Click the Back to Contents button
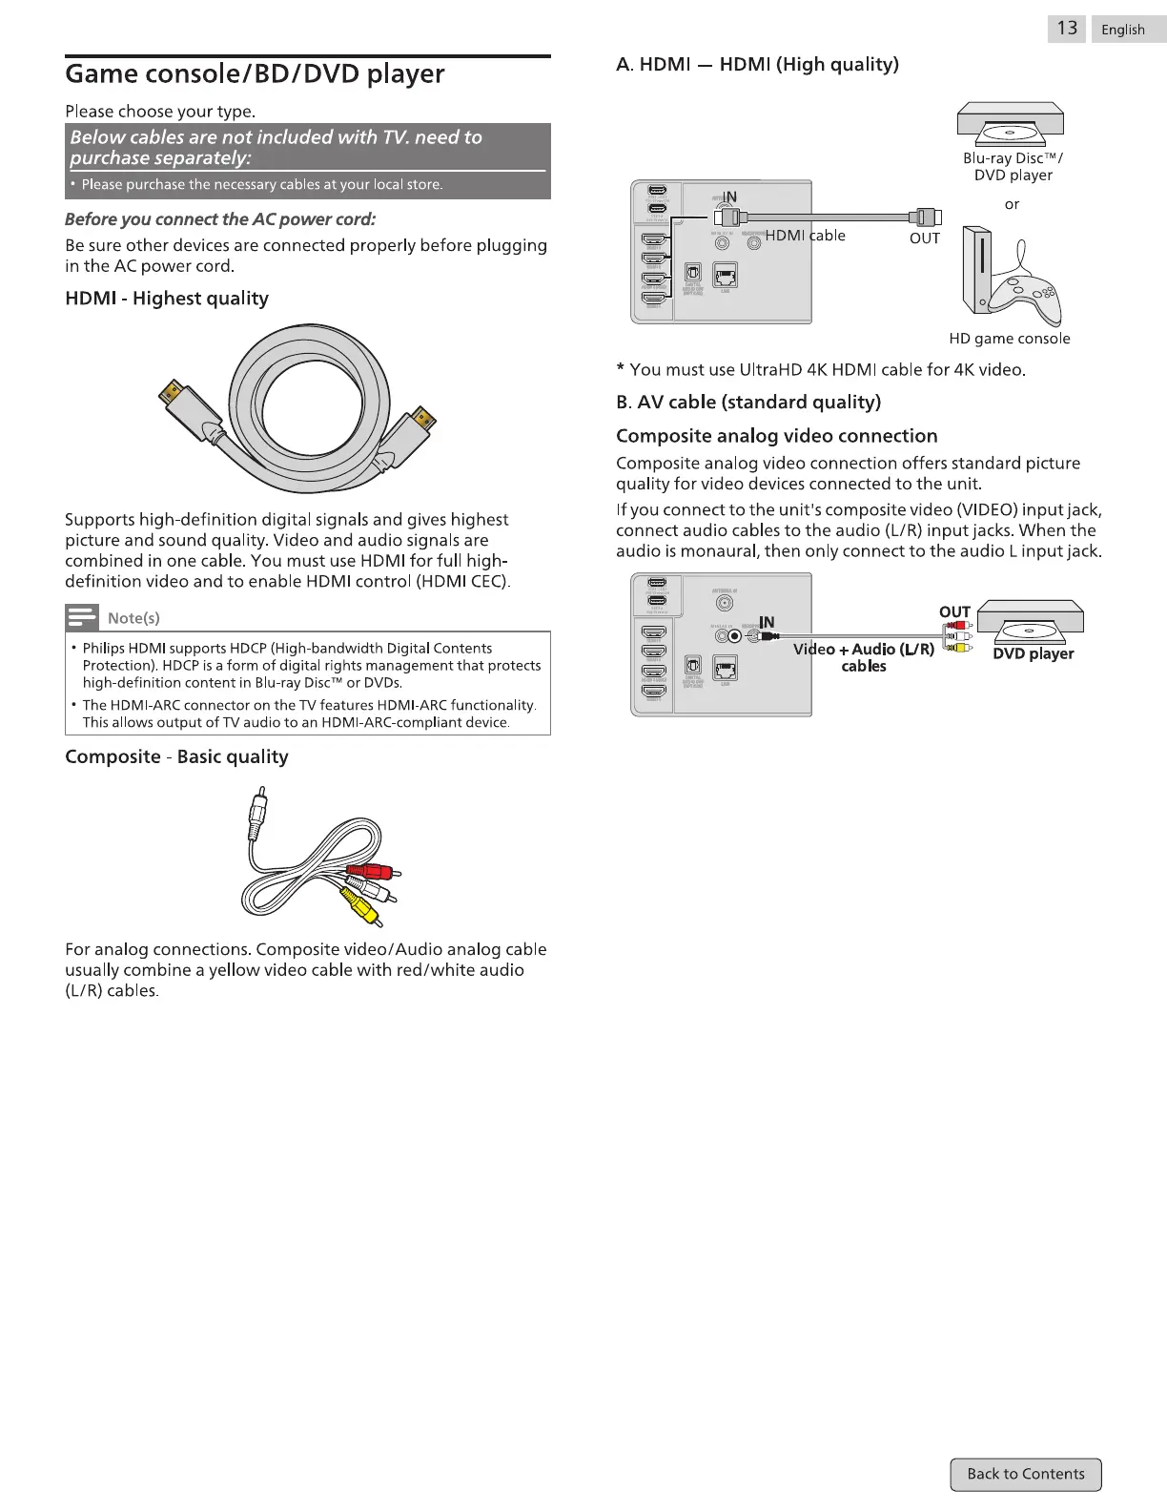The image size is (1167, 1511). pyautogui.click(x=1025, y=1474)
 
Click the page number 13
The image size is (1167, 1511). pyautogui.click(x=1067, y=29)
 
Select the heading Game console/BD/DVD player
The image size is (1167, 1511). pyautogui.click(x=255, y=73)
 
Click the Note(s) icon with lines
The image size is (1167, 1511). pyautogui.click(x=82, y=617)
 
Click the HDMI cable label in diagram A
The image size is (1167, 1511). pyautogui.click(x=806, y=236)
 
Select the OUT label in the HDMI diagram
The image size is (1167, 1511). pyautogui.click(x=924, y=238)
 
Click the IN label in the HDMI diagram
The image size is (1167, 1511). pyautogui.click(x=729, y=197)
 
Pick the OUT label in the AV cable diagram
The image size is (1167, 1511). pyautogui.click(x=954, y=611)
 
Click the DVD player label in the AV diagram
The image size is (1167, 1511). pyautogui.click(x=1033, y=653)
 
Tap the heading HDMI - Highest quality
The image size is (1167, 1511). pyautogui.click(x=167, y=299)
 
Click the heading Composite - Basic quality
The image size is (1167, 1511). pyautogui.click(x=176, y=756)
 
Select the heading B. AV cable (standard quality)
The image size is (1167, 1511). pyautogui.click(x=748, y=402)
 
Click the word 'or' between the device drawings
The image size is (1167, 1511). pyautogui.click(x=1012, y=204)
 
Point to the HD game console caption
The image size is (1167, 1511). pyautogui.click(x=1009, y=339)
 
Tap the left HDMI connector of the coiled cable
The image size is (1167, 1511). pyautogui.click(x=181, y=402)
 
